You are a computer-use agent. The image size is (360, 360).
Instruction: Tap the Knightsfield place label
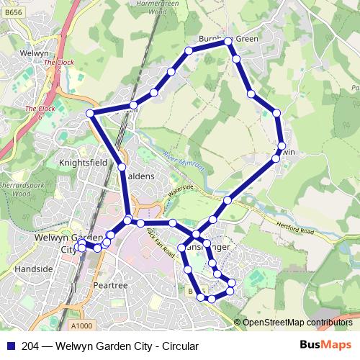(83, 163)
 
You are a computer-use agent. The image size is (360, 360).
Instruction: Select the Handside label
(34, 269)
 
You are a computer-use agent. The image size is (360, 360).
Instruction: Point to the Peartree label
(110, 286)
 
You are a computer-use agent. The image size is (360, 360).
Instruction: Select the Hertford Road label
(294, 229)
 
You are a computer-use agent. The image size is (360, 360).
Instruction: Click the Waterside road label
(180, 191)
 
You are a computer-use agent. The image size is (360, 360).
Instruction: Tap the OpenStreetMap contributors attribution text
(297, 323)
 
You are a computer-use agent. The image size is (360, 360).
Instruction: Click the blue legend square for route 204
(10, 346)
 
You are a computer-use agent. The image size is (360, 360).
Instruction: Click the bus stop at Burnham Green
(228, 40)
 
